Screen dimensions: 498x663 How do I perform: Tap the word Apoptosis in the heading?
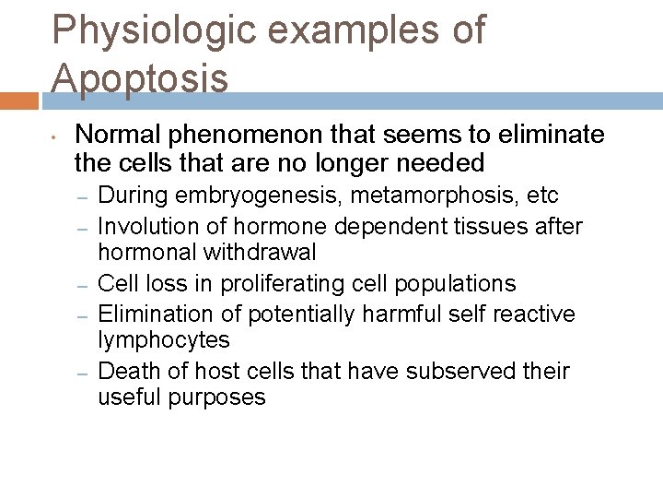(x=140, y=77)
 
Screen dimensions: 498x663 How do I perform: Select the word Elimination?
(x=146, y=313)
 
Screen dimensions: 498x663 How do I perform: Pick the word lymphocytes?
(x=163, y=340)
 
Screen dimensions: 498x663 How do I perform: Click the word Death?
(x=126, y=371)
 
